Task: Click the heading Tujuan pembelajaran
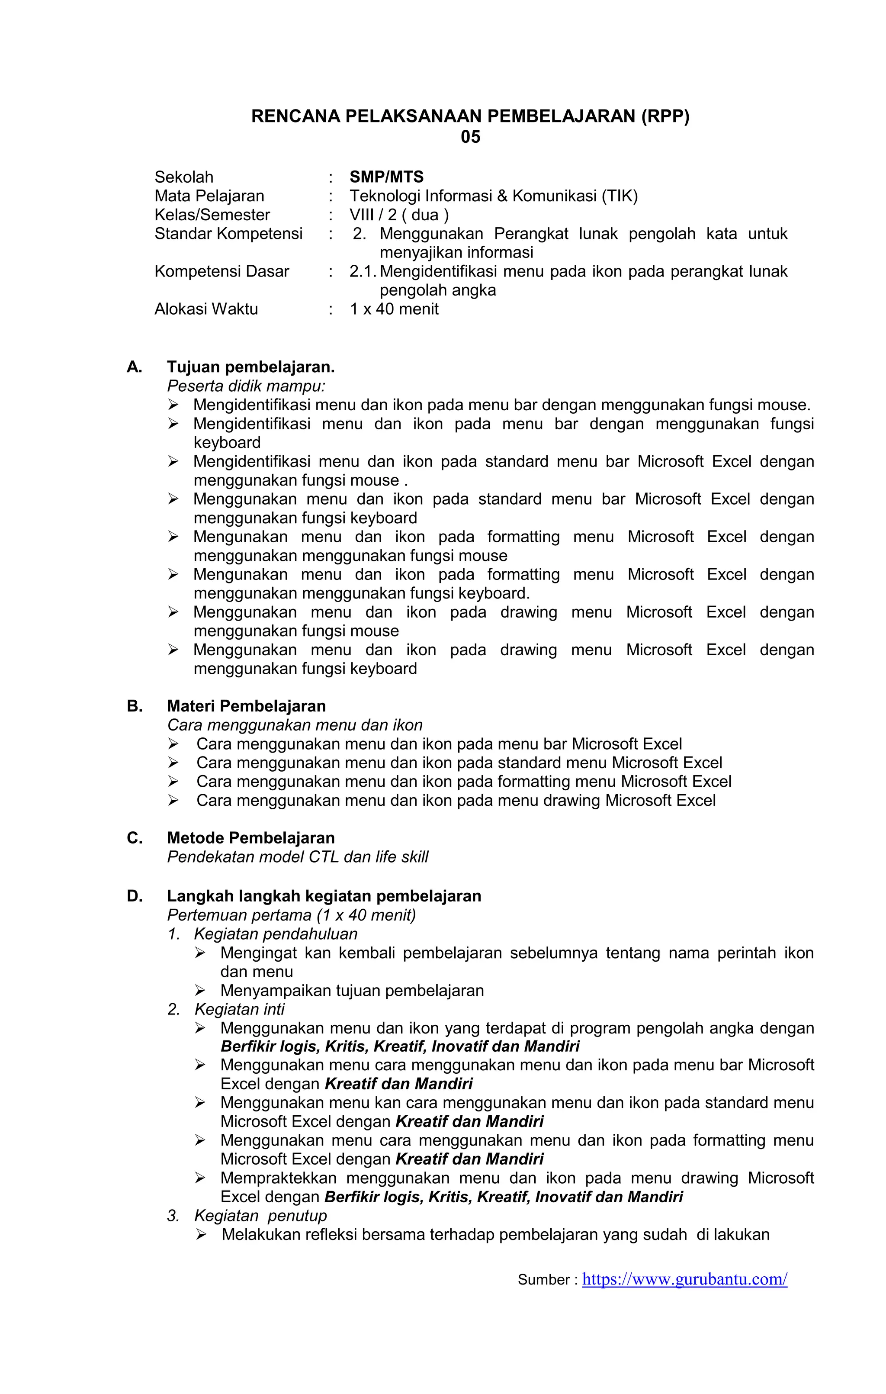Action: (x=250, y=367)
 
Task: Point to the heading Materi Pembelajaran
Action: (x=246, y=706)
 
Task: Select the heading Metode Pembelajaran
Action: (x=250, y=838)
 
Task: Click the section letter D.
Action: (x=134, y=896)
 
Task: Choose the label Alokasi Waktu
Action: (x=206, y=309)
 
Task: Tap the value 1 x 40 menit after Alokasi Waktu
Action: (x=394, y=309)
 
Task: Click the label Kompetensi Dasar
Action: (x=221, y=271)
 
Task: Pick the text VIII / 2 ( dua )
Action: (x=399, y=215)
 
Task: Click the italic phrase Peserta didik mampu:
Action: (x=246, y=386)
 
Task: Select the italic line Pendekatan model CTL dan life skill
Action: (x=298, y=857)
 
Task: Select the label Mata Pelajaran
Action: (x=209, y=196)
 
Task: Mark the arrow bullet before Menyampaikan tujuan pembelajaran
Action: (x=200, y=991)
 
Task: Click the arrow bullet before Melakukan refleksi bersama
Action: (x=201, y=1235)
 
